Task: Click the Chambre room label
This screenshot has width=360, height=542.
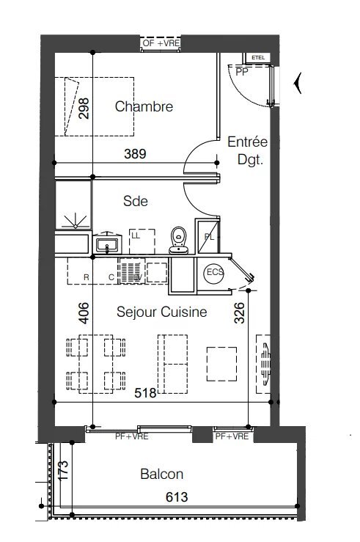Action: pyautogui.click(x=144, y=107)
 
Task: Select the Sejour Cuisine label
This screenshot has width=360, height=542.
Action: pyautogui.click(x=161, y=312)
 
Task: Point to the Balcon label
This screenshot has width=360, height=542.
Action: pyautogui.click(x=161, y=475)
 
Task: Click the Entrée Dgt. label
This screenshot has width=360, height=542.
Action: pyautogui.click(x=247, y=149)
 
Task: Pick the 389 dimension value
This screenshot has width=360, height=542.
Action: pyautogui.click(x=136, y=155)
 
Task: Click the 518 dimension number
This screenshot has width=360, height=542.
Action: pyautogui.click(x=146, y=394)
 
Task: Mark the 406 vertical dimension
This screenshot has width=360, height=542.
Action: pyautogui.click(x=84, y=313)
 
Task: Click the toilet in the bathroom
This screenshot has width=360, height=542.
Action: pyautogui.click(x=177, y=239)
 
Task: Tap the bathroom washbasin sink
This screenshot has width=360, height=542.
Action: pyautogui.click(x=108, y=243)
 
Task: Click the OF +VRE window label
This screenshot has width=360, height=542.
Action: pyautogui.click(x=161, y=44)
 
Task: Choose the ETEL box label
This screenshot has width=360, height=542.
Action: pyautogui.click(x=257, y=57)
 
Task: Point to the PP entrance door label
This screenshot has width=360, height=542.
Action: pyautogui.click(x=240, y=72)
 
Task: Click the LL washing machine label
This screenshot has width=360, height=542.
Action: pyautogui.click(x=135, y=235)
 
